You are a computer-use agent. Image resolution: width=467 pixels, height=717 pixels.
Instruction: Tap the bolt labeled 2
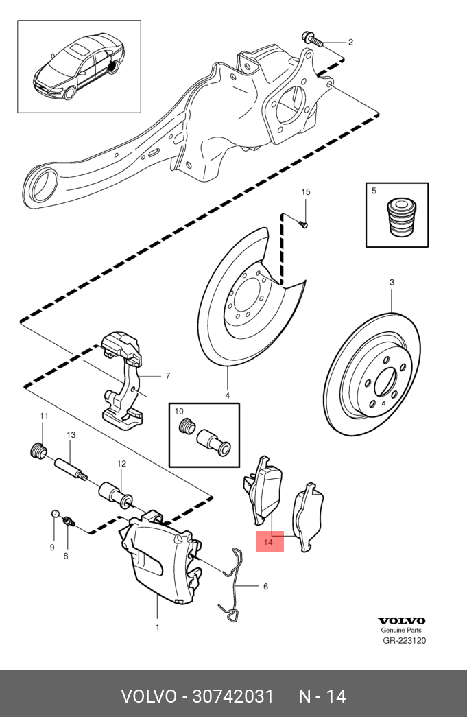311,40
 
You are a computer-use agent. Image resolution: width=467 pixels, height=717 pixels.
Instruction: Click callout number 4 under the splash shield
227,395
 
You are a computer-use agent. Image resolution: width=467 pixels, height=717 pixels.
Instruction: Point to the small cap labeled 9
55,515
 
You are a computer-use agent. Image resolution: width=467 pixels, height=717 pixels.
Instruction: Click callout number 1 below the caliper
157,626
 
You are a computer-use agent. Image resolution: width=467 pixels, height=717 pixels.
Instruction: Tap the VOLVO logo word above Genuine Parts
402,620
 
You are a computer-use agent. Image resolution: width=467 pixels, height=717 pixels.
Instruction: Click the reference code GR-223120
404,642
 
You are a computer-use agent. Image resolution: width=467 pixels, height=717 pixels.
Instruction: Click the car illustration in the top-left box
79,67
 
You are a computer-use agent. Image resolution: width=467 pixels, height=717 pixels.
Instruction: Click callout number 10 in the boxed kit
180,412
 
